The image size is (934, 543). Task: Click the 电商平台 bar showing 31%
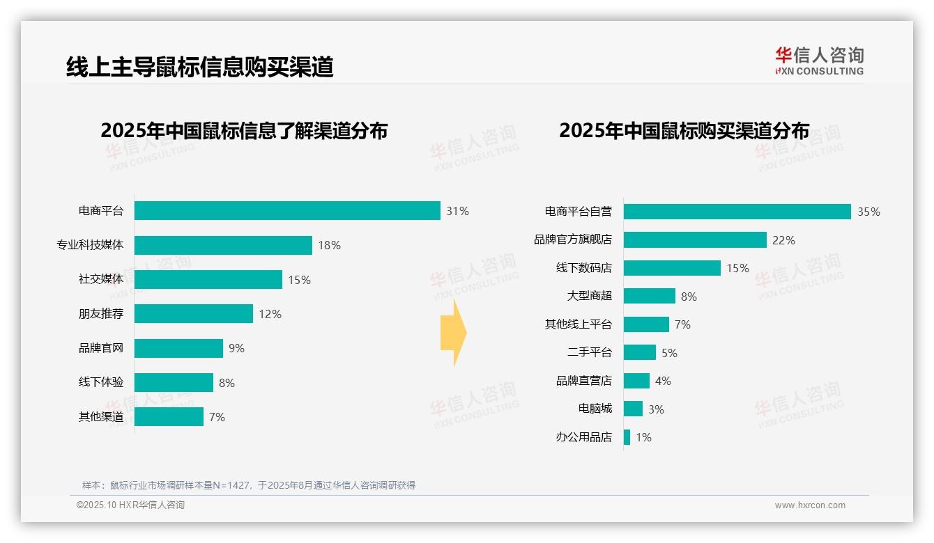coord(287,211)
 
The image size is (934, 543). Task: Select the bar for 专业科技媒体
coord(223,245)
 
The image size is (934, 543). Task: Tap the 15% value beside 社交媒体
coord(299,280)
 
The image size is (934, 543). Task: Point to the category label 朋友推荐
coord(100,314)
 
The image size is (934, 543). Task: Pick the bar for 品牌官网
coord(178,348)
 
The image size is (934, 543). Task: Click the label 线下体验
coord(100,382)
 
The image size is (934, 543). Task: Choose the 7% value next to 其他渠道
coord(217,417)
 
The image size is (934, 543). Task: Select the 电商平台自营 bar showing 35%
coord(737,212)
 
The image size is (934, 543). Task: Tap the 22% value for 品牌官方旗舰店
coord(783,240)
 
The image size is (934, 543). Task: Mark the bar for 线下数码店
coord(672,268)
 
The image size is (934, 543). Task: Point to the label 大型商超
coord(589,296)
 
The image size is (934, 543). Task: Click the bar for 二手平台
coord(640,352)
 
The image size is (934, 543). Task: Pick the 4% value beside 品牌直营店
coord(663,381)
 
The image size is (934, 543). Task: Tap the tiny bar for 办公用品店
coord(627,437)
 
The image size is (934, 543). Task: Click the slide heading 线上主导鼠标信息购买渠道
coord(199,67)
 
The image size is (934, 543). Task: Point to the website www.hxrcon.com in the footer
coord(809,505)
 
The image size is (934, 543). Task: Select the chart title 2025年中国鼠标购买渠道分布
coord(684,131)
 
